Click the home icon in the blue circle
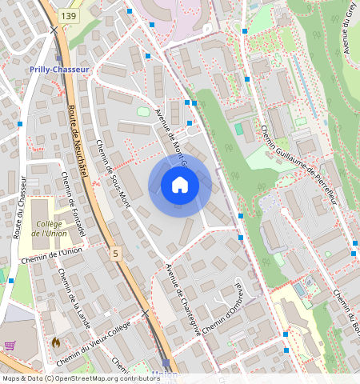[180, 186]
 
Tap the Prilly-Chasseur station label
[58, 70]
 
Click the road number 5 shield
[117, 254]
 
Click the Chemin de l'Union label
[50, 257]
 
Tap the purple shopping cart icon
[10, 346]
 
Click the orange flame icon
[55, 342]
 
